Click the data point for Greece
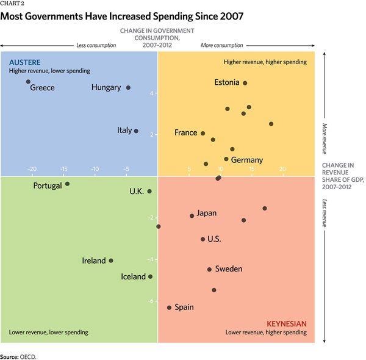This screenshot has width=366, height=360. [x=28, y=82]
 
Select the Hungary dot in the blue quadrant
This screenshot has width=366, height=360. [x=128, y=88]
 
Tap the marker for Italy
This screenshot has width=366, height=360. [x=136, y=131]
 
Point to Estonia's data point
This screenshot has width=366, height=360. [x=245, y=83]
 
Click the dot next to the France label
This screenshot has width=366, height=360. [x=203, y=133]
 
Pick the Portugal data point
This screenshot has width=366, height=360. [x=67, y=184]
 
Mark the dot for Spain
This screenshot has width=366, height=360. [x=169, y=308]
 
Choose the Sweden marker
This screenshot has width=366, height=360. [x=209, y=269]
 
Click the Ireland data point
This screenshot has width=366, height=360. [x=110, y=261]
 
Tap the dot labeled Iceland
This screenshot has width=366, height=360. [x=151, y=276]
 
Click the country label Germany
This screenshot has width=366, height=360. [x=247, y=160]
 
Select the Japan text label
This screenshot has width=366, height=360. [x=207, y=214]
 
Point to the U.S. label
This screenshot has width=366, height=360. [x=214, y=239]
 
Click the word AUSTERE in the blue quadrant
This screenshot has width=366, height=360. [x=25, y=62]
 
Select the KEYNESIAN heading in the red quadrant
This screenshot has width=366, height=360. [x=287, y=323]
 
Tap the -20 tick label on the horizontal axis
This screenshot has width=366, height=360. [x=32, y=169]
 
